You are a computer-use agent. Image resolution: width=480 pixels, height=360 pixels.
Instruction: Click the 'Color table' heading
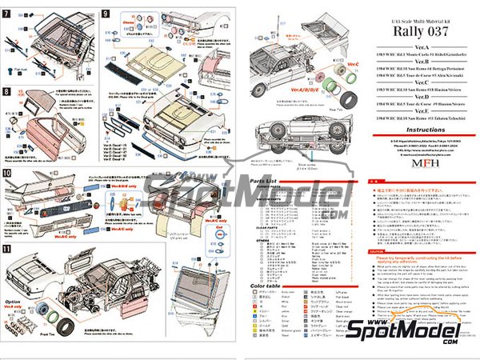[x=265, y=286]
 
